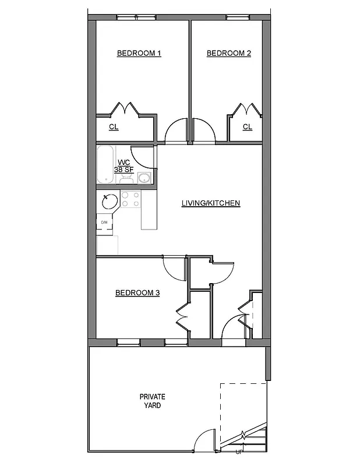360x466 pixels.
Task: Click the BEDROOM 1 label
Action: coord(139,54)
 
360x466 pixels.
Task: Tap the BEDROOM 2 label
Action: coord(228,54)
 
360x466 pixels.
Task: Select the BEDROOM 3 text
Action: coord(137,293)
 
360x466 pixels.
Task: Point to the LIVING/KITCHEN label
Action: coord(211,203)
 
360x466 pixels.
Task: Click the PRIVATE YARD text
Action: coord(152,401)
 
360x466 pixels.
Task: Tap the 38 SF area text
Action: coord(123,170)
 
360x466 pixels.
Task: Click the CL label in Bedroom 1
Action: coord(114,127)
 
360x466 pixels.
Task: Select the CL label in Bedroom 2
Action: coord(247,127)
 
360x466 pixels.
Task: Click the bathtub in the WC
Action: coord(105,165)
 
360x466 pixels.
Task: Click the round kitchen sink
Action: coord(108,202)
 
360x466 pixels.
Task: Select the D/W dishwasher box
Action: coord(105,223)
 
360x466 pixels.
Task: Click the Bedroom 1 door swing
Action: coord(176,132)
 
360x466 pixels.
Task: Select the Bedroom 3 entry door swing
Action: coord(174,267)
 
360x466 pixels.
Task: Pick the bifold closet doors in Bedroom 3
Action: coord(182,317)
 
